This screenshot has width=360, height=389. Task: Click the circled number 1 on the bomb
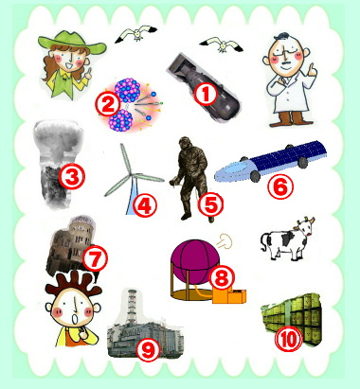(x=206, y=95)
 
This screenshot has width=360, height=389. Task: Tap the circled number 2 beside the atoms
(x=108, y=105)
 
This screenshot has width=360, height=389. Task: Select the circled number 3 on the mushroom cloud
(x=72, y=177)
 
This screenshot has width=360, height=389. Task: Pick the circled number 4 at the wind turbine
(x=145, y=206)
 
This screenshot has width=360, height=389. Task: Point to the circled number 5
(x=210, y=204)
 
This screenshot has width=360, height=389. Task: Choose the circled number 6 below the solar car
(x=280, y=187)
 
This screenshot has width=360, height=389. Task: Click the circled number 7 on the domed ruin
(x=95, y=258)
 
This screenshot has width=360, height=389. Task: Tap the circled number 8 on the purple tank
(x=223, y=277)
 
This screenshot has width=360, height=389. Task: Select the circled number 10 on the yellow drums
(x=289, y=340)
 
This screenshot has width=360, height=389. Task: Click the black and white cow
(x=287, y=239)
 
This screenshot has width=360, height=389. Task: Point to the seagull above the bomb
(x=222, y=44)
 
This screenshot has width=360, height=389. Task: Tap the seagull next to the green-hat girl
(x=136, y=33)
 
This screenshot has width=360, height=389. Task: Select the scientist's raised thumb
(x=312, y=70)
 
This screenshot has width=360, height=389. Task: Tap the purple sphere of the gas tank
(x=194, y=258)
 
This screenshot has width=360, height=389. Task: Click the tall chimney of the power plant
(x=133, y=306)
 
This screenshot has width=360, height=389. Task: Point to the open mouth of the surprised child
(x=76, y=319)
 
